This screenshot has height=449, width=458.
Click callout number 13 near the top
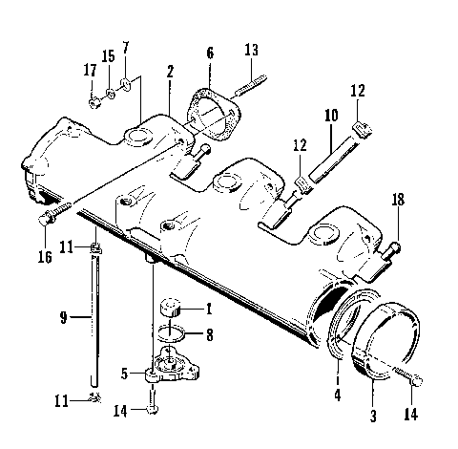[251, 49]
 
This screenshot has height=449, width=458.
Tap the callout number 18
[399, 200]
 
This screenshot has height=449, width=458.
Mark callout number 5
[124, 374]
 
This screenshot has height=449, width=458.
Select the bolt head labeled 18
[395, 248]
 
